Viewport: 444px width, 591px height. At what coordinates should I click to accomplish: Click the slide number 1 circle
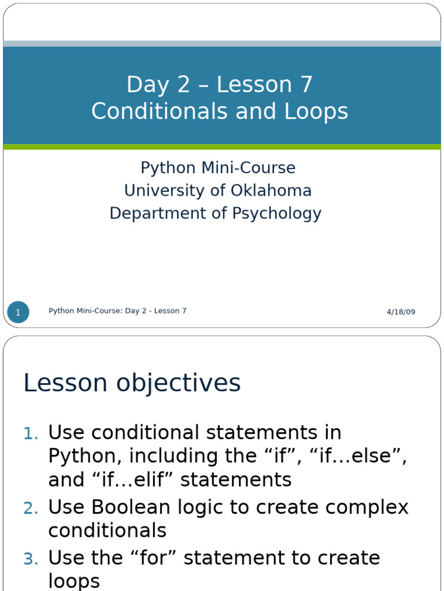pyautogui.click(x=18, y=312)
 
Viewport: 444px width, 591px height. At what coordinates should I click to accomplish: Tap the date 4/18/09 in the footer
pyautogui.click(x=401, y=312)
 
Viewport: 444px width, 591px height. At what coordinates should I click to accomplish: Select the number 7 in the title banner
pyautogui.click(x=306, y=85)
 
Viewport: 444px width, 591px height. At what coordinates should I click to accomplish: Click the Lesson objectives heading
pyautogui.click(x=132, y=383)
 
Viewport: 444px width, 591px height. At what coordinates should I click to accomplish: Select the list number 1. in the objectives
pyautogui.click(x=30, y=433)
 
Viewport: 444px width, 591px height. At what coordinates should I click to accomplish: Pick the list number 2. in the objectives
pyautogui.click(x=30, y=508)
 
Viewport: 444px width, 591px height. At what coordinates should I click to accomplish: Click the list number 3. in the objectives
pyautogui.click(x=30, y=559)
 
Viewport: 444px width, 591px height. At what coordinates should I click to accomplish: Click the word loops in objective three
pyautogui.click(x=74, y=581)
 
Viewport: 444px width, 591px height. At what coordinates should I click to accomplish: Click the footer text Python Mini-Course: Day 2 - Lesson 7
pyautogui.click(x=117, y=311)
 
